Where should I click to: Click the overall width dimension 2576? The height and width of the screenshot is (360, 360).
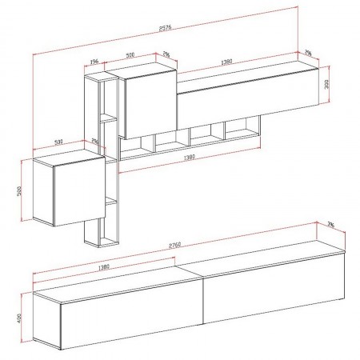(x=165, y=30)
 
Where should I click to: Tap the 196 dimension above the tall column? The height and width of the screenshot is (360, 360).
(x=94, y=62)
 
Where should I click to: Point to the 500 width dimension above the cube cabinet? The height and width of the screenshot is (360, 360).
(x=58, y=142)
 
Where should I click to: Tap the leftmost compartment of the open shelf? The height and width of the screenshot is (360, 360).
(x=138, y=146)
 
